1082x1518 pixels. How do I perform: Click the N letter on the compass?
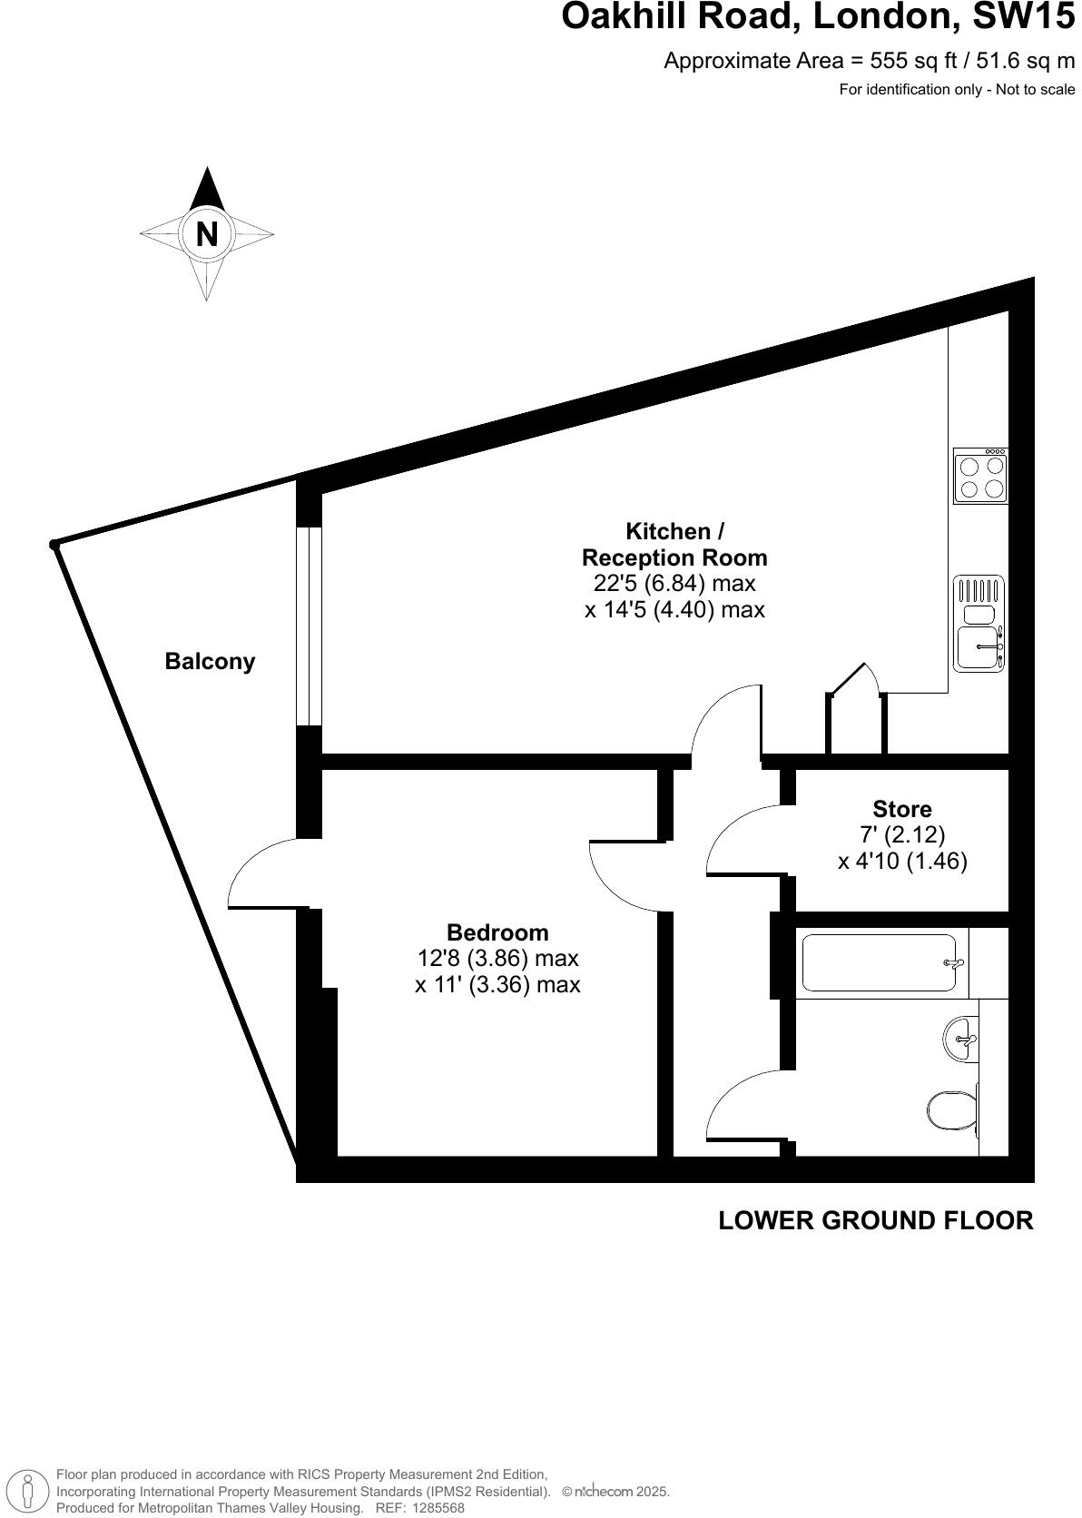pos(207,234)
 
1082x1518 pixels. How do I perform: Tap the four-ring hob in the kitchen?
pos(980,476)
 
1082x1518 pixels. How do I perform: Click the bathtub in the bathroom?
pos(879,963)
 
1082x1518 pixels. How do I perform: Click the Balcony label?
pos(210,661)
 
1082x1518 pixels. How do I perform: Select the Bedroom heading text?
pos(497,932)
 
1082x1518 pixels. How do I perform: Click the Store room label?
pos(901,808)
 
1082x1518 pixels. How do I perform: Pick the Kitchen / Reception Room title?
pos(674,544)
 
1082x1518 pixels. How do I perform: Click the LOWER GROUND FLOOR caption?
pos(875,1220)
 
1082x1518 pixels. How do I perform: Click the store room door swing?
pos(740,840)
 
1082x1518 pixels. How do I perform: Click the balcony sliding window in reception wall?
pos(310,626)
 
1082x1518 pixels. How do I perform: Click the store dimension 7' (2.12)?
pos(902,834)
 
